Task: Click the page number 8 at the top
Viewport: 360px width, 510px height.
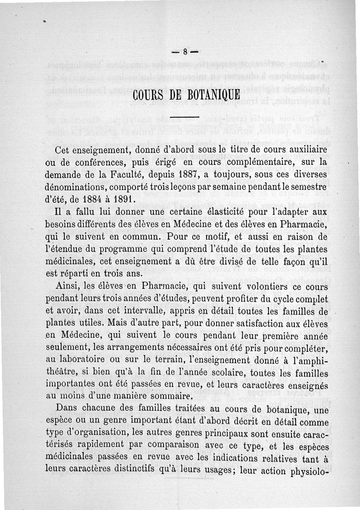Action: pyautogui.click(x=185, y=51)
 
